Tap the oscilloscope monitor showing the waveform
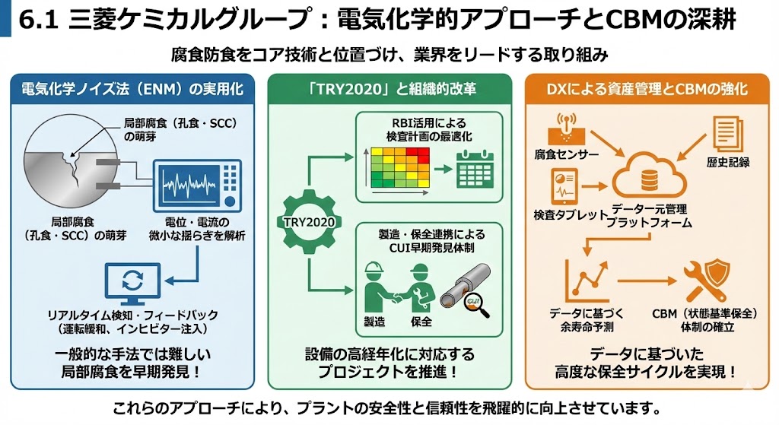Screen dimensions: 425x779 (196, 185)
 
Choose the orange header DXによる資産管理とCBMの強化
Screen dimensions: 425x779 (647, 90)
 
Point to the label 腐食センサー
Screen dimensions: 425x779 (566, 155)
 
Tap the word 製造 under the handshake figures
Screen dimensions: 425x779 (374, 322)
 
